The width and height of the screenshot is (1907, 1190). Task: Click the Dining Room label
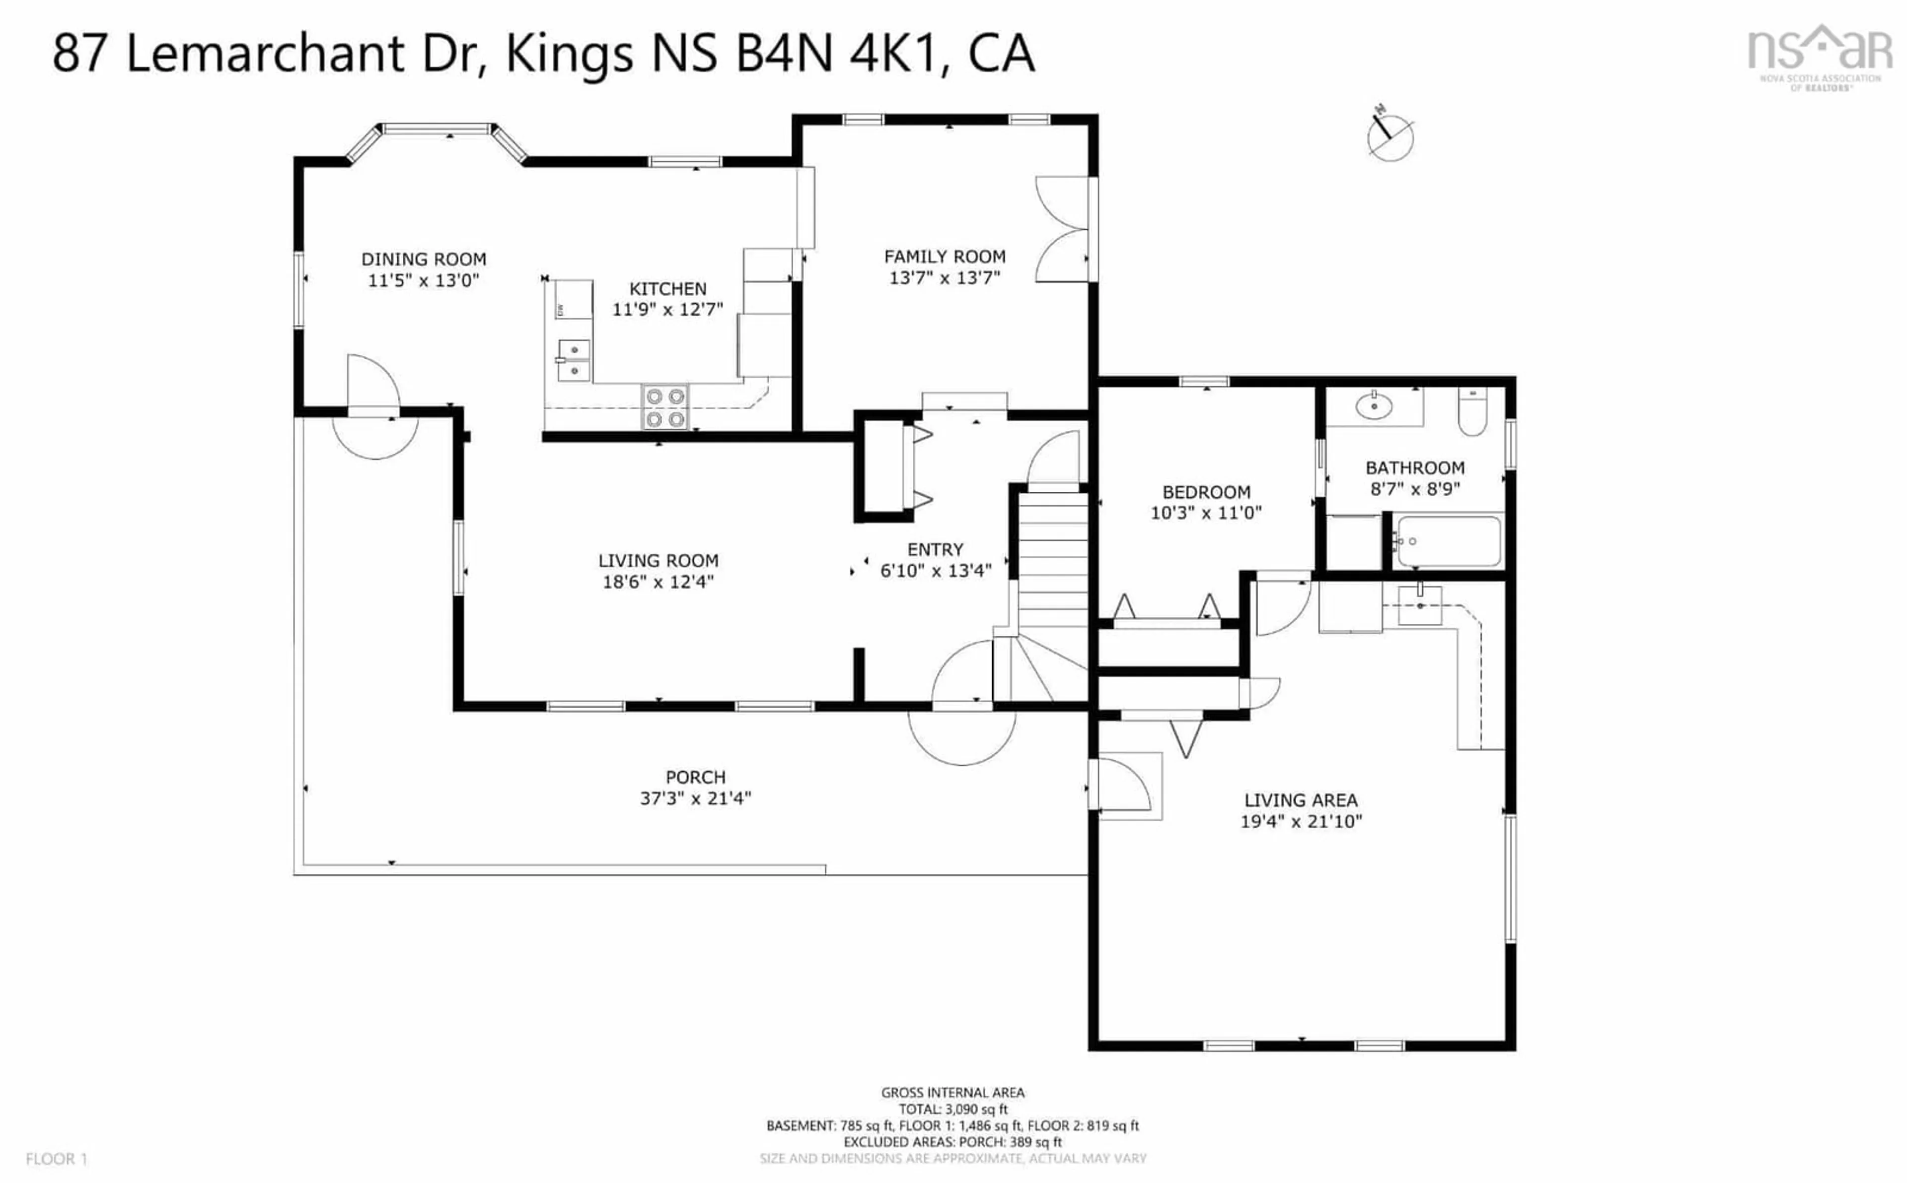point(424,259)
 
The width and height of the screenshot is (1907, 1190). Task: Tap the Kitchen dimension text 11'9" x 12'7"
point(667,309)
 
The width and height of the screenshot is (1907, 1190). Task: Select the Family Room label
point(945,257)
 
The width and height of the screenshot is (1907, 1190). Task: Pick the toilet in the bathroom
point(1471,411)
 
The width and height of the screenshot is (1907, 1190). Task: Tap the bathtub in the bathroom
point(1447,541)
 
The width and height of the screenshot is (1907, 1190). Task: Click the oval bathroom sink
point(1374,406)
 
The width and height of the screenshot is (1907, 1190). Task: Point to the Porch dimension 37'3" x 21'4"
point(695,798)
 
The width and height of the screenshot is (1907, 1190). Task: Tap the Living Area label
point(1301,800)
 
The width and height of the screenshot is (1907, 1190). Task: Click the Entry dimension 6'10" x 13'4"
point(936,571)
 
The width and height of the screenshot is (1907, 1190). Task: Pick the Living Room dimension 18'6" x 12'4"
point(658,582)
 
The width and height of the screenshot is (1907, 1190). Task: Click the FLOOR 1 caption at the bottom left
point(57,1159)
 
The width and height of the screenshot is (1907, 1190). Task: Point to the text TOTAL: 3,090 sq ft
point(953,1110)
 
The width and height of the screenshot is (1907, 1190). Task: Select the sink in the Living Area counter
point(1420,605)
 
